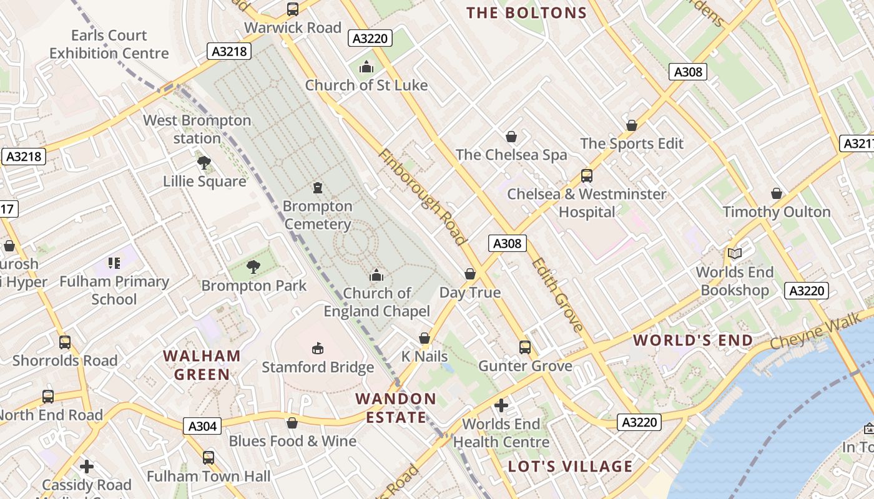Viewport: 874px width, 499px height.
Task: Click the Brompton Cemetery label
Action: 317,215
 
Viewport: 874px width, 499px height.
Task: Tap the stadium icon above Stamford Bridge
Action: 318,347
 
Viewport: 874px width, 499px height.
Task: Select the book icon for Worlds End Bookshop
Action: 735,253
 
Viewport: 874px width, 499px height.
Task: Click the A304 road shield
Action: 203,426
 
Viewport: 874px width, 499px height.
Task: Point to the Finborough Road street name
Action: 422,197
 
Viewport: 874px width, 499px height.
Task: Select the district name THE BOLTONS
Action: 526,13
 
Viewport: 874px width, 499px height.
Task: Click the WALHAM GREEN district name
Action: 202,365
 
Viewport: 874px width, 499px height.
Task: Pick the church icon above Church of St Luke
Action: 366,67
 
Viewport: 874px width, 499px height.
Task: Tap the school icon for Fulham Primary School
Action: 114,263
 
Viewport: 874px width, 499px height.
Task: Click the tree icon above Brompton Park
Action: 253,267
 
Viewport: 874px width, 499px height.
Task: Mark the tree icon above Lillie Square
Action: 204,163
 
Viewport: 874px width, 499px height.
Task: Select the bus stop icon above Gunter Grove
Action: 525,347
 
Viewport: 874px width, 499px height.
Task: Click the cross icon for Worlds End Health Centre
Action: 501,406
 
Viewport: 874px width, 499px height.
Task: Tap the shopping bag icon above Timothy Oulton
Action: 777,193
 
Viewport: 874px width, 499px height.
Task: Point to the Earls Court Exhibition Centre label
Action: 109,44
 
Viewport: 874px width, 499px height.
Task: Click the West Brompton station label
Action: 197,129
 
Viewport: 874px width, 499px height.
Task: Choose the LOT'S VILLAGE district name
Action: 570,467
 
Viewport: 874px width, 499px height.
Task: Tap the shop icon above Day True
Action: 470,274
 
